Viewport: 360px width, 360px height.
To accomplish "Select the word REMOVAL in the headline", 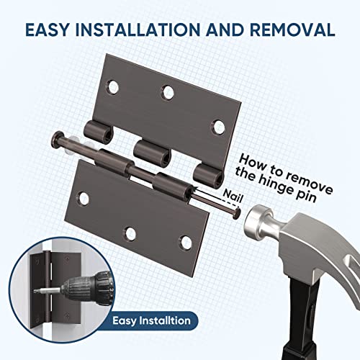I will pyautogui.click(x=295, y=30).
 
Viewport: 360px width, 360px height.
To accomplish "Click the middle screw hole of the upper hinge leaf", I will pyautogui.click(x=168, y=92).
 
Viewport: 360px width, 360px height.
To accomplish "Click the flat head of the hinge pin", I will pyautogui.click(x=55, y=138).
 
